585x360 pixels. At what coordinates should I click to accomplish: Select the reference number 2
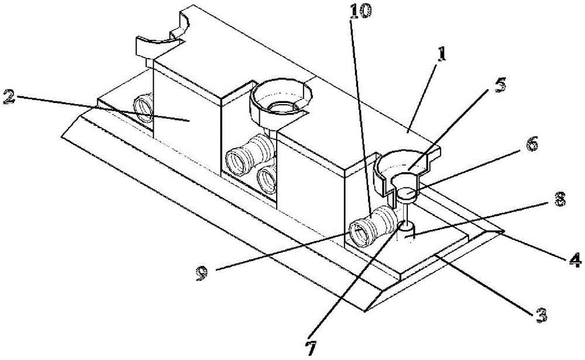pos(8,97)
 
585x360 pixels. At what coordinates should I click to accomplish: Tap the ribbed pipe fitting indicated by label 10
pos(372,227)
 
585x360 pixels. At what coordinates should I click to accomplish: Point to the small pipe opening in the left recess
pos(144,108)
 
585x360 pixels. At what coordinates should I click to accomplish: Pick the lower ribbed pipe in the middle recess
pos(267,179)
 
